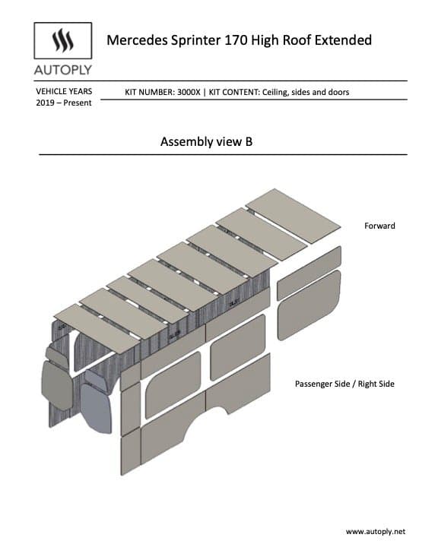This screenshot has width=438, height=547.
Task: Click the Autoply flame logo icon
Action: tap(63, 40)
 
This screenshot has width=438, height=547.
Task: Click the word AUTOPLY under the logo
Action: tap(63, 70)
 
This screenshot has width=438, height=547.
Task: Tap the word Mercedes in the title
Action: tap(137, 40)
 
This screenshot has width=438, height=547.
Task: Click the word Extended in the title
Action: tap(343, 40)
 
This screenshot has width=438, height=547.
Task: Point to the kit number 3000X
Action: tap(189, 92)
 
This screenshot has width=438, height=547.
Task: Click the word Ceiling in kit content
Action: tap(275, 92)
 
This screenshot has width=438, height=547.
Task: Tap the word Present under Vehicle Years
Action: tap(78, 103)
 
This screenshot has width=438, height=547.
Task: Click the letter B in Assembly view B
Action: tap(249, 141)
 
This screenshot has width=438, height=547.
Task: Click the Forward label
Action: tap(379, 226)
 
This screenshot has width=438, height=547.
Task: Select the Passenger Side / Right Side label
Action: tap(344, 384)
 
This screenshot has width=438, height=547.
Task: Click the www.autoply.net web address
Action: tap(376, 532)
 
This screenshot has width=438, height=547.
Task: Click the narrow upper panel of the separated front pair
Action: tap(309, 272)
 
